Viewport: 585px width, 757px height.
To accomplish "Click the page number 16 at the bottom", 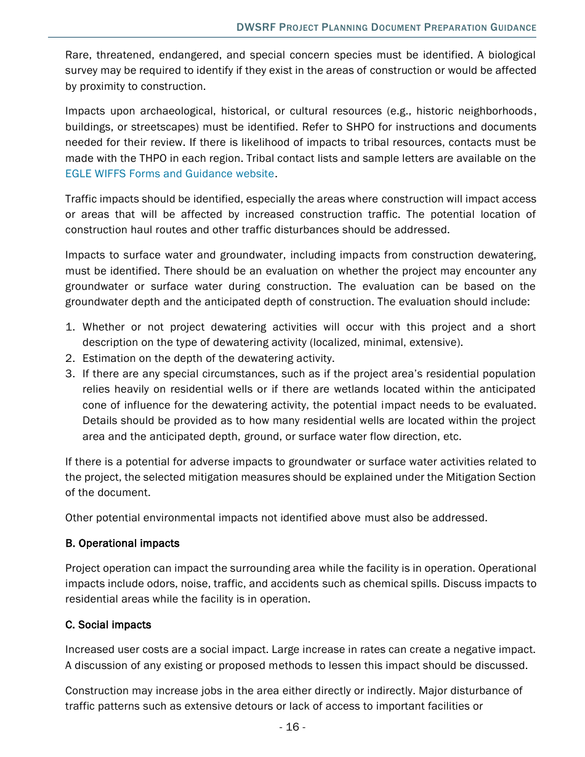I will point(292,727).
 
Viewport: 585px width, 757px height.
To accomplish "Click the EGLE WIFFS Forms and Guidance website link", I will point(169,174).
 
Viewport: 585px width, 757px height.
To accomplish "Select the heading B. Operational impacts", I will point(122,543).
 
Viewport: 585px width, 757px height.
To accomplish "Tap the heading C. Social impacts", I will point(108,625).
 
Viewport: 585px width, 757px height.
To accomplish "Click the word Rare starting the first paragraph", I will point(77,55).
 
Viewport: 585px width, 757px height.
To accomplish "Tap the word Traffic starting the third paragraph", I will point(80,199).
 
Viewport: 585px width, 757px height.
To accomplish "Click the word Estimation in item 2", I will point(108,358).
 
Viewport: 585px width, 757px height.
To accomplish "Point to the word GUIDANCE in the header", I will point(513,28).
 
